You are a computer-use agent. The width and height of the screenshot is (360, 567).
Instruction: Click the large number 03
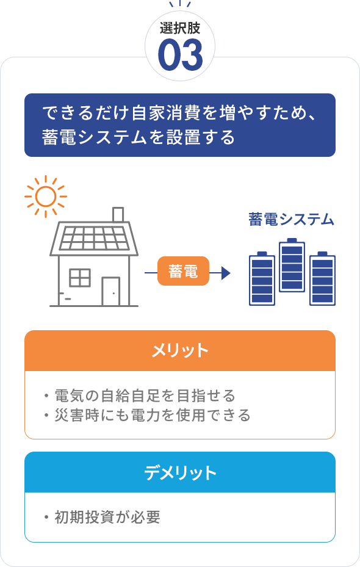pyautogui.click(x=180, y=56)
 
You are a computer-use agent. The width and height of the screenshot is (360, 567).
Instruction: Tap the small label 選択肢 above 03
pyautogui.click(x=180, y=28)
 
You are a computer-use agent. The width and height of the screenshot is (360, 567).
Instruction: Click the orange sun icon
pyautogui.click(x=46, y=197)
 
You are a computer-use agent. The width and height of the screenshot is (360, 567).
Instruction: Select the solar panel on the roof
pyautogui.click(x=94, y=238)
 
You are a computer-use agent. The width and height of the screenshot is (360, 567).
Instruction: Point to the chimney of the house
pyautogui.click(x=118, y=214)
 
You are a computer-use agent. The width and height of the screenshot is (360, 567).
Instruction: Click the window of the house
pyautogui.click(x=80, y=278)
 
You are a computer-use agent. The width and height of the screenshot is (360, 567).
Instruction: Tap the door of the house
pyautogui.click(x=110, y=292)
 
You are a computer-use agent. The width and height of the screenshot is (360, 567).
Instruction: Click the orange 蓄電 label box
pyautogui.click(x=183, y=271)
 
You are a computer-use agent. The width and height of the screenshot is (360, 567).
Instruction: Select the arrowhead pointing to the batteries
pyautogui.click(x=226, y=273)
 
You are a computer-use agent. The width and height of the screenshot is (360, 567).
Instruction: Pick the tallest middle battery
pyautogui.click(x=292, y=265)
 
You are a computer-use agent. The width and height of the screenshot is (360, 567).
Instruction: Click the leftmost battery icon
pyautogui.click(x=262, y=278)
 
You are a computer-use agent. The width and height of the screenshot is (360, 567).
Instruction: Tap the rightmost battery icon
pyautogui.click(x=322, y=278)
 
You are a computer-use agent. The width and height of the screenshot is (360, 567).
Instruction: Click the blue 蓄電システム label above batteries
pyautogui.click(x=291, y=220)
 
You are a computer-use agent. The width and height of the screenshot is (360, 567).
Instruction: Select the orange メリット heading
pyautogui.click(x=180, y=350)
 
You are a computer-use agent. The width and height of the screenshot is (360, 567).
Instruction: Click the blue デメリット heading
pyautogui.click(x=180, y=472)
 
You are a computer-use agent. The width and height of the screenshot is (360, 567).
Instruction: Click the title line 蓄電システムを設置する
pyautogui.click(x=139, y=137)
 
